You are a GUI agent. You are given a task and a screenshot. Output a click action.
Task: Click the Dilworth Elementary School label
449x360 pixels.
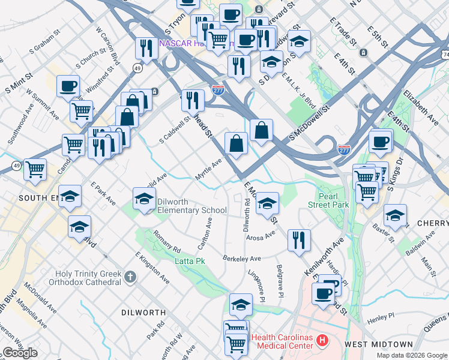point(191,206)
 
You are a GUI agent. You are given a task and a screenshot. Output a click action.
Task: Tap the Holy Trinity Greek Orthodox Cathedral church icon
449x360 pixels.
point(131,277)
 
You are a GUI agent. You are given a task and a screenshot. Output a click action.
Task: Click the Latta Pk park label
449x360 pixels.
point(190,261)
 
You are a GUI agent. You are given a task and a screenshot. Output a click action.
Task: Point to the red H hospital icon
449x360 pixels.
point(322,341)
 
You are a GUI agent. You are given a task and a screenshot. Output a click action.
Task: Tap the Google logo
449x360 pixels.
point(19,353)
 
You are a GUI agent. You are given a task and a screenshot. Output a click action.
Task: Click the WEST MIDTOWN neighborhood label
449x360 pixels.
point(379,344)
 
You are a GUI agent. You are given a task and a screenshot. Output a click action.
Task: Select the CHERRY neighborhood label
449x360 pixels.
point(432,223)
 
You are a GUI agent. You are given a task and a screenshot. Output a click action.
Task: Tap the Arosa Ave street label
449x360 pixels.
point(260,238)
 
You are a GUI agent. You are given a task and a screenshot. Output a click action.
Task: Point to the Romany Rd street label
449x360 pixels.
point(167,241)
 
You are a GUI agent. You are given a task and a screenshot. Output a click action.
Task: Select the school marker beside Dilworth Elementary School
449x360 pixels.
point(144,199)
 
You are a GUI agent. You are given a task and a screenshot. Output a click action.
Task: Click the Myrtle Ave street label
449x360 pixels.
point(208,169)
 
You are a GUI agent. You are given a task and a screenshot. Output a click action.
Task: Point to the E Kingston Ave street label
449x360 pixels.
point(152,268)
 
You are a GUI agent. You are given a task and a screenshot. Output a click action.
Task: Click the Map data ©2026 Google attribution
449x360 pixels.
point(411,355)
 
